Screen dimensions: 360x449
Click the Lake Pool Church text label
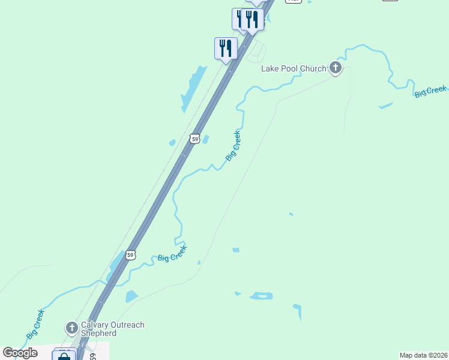(294, 69)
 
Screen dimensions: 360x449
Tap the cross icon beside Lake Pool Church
(336, 68)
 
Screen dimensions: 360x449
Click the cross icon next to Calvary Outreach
(71, 328)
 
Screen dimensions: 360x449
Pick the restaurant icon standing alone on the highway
(226, 48)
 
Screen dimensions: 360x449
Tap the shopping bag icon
(64, 356)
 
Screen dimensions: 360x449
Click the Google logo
(20, 353)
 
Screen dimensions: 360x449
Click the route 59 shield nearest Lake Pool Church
(194, 139)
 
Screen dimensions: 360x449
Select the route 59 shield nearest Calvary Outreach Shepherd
(130, 255)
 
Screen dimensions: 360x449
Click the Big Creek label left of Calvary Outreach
(35, 324)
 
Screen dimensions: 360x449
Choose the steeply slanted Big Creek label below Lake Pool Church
(234, 146)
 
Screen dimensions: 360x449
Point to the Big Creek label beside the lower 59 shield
(172, 254)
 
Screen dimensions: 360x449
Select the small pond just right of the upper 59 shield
(206, 139)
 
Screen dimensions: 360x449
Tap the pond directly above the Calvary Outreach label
(131, 296)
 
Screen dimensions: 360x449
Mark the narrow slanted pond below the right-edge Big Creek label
(385, 106)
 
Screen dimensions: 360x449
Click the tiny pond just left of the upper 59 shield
(172, 143)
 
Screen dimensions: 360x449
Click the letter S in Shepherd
(83, 334)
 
